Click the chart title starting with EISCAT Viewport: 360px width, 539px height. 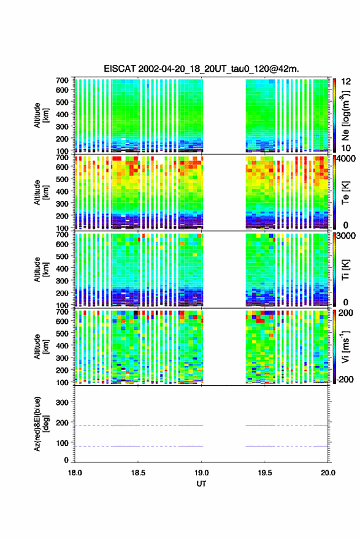pos(201,69)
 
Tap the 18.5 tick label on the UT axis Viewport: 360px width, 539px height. pos(138,473)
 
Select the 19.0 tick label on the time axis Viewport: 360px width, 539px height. pos(202,473)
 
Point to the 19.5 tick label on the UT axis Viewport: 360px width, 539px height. pos(265,473)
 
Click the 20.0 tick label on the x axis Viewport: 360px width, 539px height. pos(328,473)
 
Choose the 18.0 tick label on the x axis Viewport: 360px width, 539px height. pos(75,473)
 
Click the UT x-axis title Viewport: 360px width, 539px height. pos(201,484)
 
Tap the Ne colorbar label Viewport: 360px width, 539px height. pos(345,115)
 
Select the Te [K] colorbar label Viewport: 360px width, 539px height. pos(345,193)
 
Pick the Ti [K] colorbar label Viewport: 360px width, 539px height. pos(345,270)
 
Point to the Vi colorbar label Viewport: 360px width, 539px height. pos(345,346)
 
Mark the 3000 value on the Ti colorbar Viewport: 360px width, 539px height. pos(345,236)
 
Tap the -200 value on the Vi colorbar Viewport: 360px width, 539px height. pos(344,380)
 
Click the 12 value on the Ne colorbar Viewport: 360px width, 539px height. pos(346,82)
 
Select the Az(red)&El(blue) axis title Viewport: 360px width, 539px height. pos(40,424)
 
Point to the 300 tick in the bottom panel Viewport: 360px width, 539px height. pos(63,402)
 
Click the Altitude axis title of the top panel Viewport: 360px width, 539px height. pos(40,115)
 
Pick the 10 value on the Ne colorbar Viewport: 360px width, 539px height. pos(346,148)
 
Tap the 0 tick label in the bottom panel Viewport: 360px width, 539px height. pos(66,460)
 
